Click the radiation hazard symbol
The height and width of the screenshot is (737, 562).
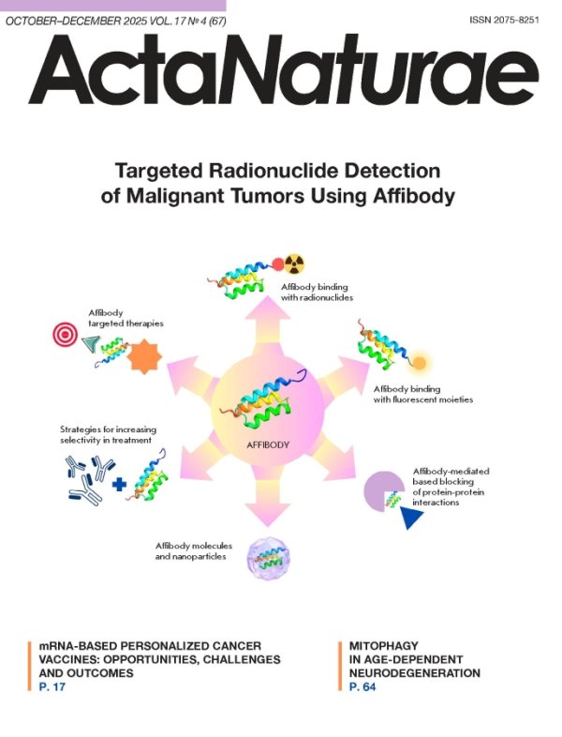coord(294,264)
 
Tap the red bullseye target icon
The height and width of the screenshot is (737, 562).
coord(65,334)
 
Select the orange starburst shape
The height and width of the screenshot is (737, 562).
coord(144,355)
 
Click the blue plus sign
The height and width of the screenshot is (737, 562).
coord(119,484)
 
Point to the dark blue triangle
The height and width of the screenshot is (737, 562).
coord(410,516)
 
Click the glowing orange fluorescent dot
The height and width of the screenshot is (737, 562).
coord(419,363)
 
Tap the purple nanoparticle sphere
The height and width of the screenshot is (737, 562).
coord(269,559)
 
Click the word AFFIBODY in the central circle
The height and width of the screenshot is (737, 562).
coord(268,444)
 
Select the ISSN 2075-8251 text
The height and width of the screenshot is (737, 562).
coord(504,21)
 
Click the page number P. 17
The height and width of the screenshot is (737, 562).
coord(52,686)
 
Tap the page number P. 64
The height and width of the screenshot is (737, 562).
coord(362,686)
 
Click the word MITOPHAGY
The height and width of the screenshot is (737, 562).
coord(384,646)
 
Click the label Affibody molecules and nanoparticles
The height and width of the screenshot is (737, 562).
coord(194,550)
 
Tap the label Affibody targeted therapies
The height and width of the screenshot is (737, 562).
coord(126,318)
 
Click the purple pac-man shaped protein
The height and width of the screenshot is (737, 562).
coord(383,491)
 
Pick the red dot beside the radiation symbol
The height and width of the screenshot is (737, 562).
coord(278,264)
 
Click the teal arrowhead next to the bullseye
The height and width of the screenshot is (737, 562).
coord(91,343)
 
